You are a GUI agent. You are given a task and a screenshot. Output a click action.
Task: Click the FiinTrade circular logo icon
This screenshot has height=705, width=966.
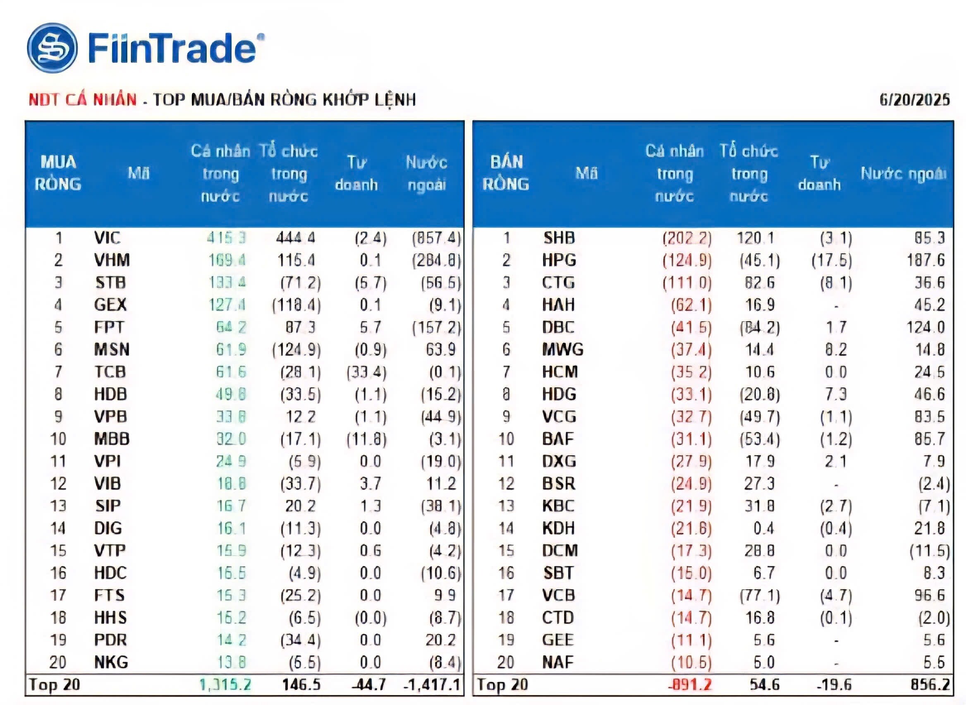52,48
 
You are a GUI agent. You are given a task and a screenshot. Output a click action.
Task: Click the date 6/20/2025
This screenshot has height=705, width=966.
914,99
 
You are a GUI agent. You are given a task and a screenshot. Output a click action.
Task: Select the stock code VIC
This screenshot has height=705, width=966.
107,238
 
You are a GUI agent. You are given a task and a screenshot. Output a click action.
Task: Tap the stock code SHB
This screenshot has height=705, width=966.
559,238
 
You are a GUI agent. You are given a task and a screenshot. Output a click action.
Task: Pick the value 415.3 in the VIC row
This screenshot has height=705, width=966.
227,238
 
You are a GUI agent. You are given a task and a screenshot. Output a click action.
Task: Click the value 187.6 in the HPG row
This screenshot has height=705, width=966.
925,260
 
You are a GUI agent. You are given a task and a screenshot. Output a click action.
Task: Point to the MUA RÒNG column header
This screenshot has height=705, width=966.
58,173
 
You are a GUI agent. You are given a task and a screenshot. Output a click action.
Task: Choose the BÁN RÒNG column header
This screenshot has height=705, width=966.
506,173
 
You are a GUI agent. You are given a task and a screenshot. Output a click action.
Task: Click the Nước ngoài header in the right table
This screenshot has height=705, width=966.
903,173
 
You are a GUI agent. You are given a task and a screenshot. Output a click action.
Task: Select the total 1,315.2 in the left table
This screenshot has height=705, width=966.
225,684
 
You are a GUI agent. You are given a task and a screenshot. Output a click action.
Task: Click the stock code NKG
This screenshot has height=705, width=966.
111,662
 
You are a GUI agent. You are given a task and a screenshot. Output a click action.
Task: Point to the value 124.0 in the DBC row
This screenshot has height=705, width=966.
925,327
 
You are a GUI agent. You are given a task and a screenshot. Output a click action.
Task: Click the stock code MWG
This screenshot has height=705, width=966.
562,350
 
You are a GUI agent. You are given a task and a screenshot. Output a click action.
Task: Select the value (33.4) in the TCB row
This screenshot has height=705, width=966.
366,372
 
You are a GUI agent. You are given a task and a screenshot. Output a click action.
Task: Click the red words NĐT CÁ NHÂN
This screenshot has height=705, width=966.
83,99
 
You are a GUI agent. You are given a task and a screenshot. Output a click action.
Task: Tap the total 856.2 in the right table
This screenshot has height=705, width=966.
930,684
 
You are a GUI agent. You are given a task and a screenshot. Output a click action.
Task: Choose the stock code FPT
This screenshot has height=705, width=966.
109,327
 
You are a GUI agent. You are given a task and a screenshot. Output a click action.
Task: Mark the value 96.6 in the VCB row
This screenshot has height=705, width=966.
929,595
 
